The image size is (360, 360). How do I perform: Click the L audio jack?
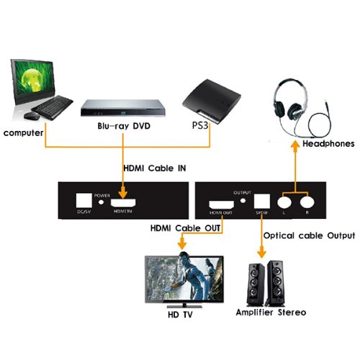tap(290, 202)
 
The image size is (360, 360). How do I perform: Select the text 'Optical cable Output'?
tap(309, 235)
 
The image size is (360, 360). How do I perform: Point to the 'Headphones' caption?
tap(328, 144)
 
